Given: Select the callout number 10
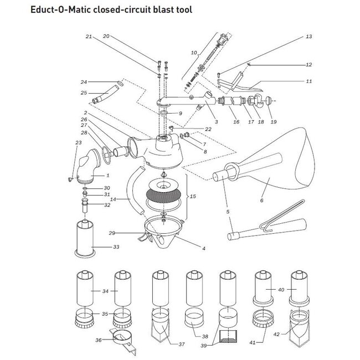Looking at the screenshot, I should click(193, 53).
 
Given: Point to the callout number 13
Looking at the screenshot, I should click(309, 37).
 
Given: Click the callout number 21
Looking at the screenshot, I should click(88, 37).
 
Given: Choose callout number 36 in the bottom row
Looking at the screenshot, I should click(99, 340).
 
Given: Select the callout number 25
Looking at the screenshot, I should click(84, 92).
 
